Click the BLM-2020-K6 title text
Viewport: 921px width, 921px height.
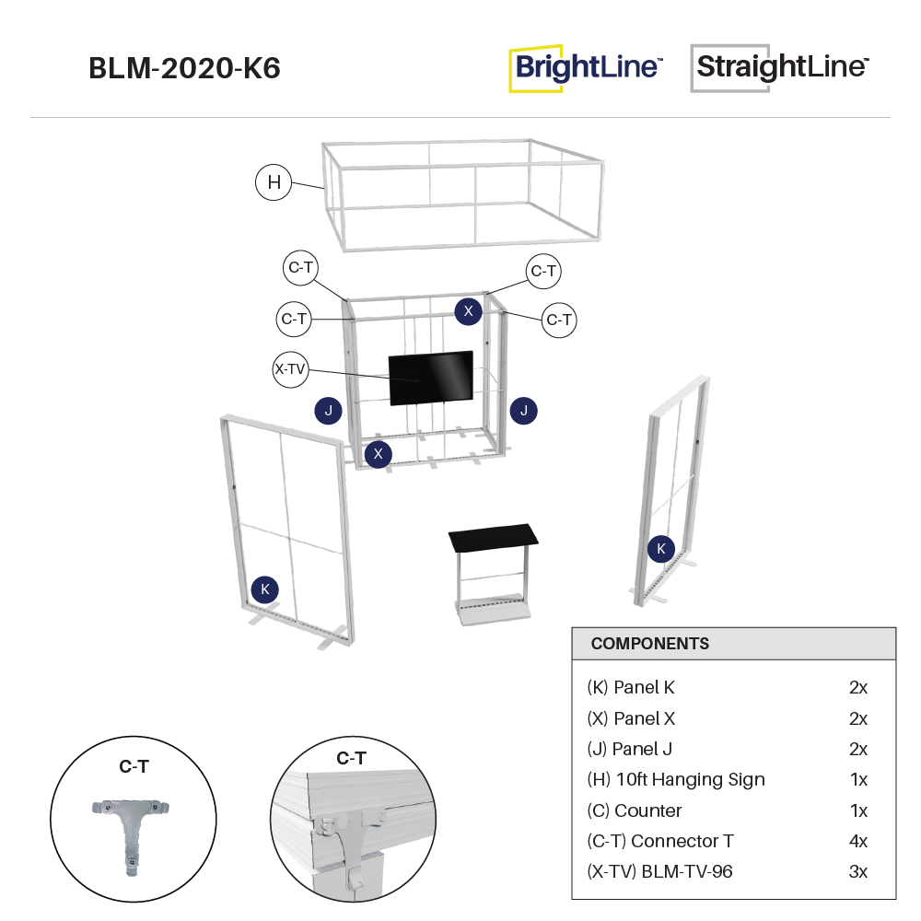[184, 69]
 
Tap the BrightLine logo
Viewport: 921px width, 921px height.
[586, 68]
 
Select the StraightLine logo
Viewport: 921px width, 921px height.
[781, 67]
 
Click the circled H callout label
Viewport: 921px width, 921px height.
[274, 182]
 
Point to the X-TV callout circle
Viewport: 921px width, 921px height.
[290, 369]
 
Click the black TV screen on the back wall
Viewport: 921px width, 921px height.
[431, 378]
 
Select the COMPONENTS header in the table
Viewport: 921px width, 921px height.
[650, 644]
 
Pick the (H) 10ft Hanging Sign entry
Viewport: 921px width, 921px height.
[675, 779]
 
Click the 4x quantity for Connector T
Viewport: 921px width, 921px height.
[857, 841]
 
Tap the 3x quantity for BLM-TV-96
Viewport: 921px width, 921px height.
[857, 871]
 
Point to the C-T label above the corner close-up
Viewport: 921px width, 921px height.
[351, 759]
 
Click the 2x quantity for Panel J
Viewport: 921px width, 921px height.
[857, 749]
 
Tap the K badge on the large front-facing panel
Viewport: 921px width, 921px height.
[265, 589]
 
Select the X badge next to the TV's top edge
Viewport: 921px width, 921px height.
[468, 311]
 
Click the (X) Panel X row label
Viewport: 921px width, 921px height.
[631, 718]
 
